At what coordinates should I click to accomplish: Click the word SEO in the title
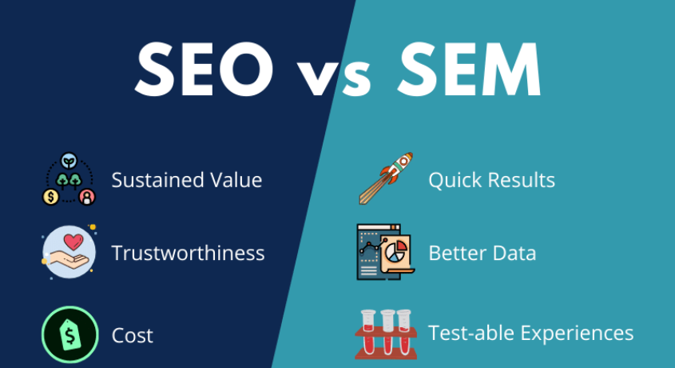[204, 69]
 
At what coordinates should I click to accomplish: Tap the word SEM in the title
[469, 69]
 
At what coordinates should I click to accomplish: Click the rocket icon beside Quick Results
[386, 178]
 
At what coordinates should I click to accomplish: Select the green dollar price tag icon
[69, 334]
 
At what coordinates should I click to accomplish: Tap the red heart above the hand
[73, 242]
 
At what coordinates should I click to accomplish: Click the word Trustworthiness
[188, 253]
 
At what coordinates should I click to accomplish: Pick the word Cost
[132, 336]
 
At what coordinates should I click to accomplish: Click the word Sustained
[157, 180]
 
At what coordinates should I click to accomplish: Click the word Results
[522, 180]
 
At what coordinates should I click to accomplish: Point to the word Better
[458, 253]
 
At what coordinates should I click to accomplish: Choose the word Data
[514, 253]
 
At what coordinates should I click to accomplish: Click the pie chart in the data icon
[396, 252]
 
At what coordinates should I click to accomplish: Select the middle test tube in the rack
[387, 332]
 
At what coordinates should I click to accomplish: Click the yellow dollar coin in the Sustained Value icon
[51, 197]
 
